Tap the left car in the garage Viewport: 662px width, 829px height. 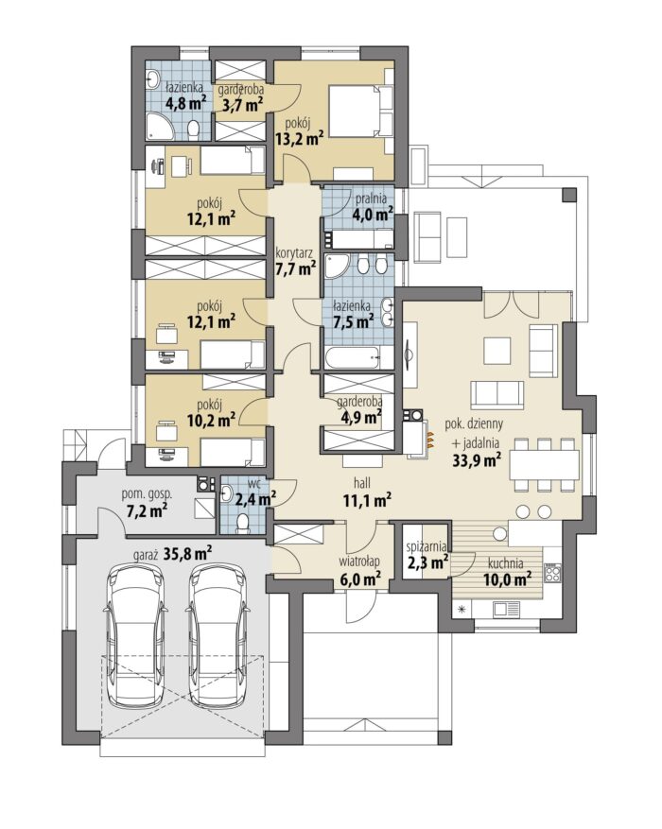pyautogui.click(x=136, y=636)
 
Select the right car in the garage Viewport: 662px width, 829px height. pyautogui.click(x=218, y=636)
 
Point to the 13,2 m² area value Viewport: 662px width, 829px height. pyautogui.click(x=299, y=139)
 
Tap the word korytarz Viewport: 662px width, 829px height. pyautogui.click(x=294, y=253)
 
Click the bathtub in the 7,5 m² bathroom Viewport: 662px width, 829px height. pyautogui.click(x=358, y=358)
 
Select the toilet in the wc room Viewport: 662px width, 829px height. pyautogui.click(x=244, y=523)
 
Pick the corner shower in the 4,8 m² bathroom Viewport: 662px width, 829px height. pyautogui.click(x=160, y=126)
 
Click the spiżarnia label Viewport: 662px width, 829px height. pyautogui.click(x=427, y=546)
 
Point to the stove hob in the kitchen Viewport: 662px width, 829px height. pyautogui.click(x=552, y=572)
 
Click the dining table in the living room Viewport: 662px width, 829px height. pyautogui.click(x=544, y=465)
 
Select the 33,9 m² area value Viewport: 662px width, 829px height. pyautogui.click(x=477, y=458)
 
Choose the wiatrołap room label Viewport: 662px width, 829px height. pyautogui.click(x=360, y=561)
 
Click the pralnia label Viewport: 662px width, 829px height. pyautogui.click(x=371, y=199)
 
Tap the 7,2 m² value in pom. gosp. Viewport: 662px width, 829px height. pyautogui.click(x=147, y=510)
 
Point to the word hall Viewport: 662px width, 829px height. pyautogui.click(x=362, y=482)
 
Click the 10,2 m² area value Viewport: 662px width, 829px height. pyautogui.click(x=212, y=420)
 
